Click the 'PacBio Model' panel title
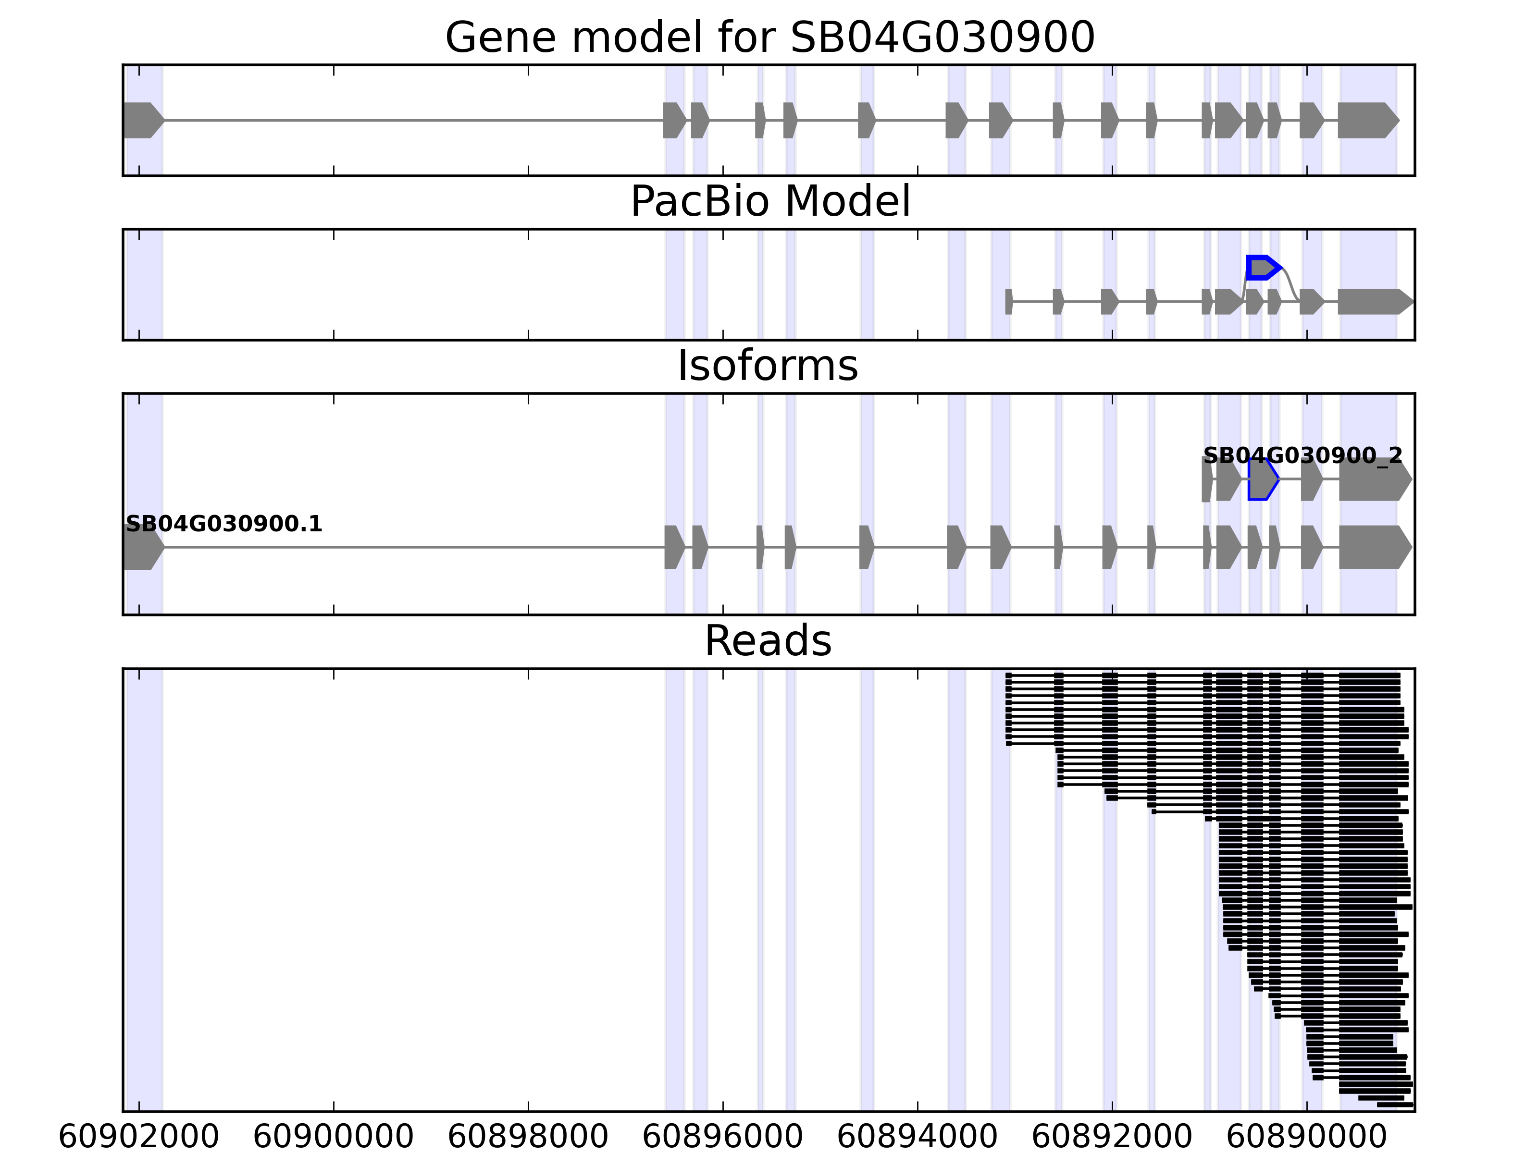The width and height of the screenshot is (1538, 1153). (x=769, y=202)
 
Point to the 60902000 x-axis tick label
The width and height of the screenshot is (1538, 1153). (x=139, y=1138)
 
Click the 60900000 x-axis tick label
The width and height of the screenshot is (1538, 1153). (x=334, y=1138)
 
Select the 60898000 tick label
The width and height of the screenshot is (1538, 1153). (x=528, y=1138)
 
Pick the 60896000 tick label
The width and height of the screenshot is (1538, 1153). (x=723, y=1138)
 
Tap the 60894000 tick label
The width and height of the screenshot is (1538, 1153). (x=918, y=1138)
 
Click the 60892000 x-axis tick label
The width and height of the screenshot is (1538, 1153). (x=1113, y=1138)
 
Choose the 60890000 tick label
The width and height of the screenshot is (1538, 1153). (x=1307, y=1138)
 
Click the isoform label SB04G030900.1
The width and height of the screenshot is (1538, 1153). (x=224, y=524)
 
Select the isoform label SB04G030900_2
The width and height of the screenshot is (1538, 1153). (x=1302, y=456)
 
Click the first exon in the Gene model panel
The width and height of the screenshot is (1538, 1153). (x=142, y=120)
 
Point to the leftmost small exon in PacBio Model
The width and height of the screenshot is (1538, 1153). (x=1009, y=302)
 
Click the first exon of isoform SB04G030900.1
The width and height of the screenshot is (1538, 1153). (x=142, y=548)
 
